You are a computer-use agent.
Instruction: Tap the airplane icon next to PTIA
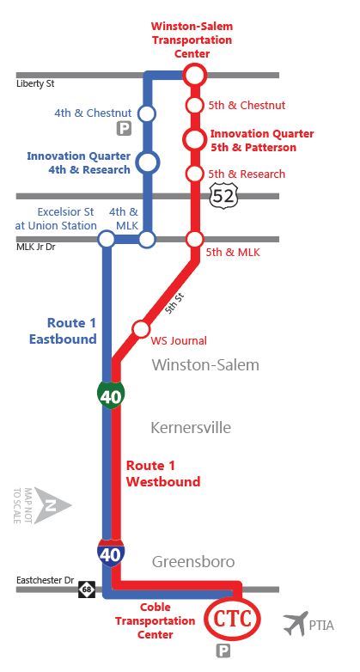click(296, 623)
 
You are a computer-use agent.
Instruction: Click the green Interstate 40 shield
click(112, 395)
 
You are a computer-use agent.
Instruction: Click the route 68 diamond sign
click(86, 590)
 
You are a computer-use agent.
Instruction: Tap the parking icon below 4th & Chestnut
click(125, 130)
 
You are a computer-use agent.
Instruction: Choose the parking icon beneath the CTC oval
click(223, 652)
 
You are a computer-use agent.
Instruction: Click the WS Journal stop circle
click(140, 329)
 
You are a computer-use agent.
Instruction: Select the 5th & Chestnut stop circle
click(195, 106)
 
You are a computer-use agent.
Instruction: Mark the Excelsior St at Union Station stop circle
click(107, 239)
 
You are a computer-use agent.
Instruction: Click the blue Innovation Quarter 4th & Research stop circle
click(148, 162)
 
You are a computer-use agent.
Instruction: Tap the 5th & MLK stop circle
click(195, 239)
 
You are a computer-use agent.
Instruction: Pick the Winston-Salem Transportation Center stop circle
click(195, 75)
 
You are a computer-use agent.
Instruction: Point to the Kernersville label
click(191, 427)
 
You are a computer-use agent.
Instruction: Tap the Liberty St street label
click(35, 84)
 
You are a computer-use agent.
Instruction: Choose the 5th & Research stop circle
click(195, 174)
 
